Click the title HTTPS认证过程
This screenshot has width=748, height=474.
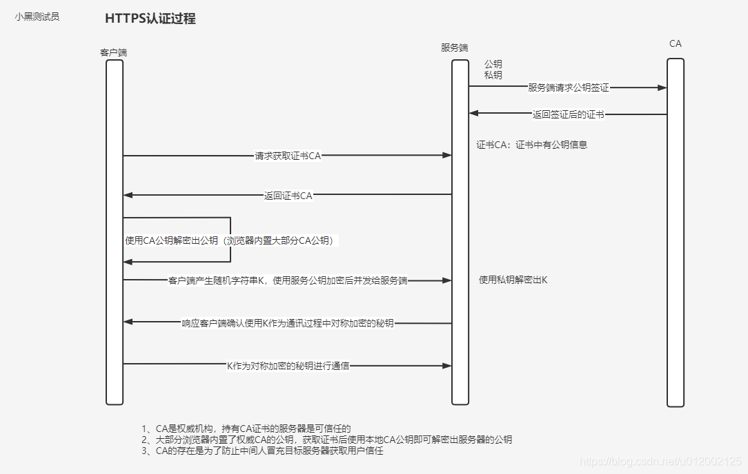click(x=150, y=19)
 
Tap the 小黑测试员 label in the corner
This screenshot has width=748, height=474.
click(x=37, y=17)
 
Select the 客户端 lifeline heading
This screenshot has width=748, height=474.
click(x=113, y=52)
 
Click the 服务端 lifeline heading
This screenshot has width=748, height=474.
click(x=454, y=48)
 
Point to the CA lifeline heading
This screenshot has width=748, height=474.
click(x=675, y=43)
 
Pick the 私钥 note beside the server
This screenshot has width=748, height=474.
click(x=493, y=74)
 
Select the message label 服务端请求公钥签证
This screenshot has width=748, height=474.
click(x=568, y=87)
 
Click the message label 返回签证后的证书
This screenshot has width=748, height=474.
click(x=568, y=114)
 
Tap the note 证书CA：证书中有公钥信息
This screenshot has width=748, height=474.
click(x=531, y=145)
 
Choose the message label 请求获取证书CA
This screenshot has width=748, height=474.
click(x=288, y=156)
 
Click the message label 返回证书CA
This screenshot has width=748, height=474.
click(x=288, y=196)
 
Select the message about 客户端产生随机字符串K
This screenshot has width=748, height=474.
click(x=288, y=280)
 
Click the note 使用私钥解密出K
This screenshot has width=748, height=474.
click(x=513, y=280)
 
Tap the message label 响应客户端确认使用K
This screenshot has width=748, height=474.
click(x=288, y=322)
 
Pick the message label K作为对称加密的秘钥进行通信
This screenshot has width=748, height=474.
click(x=288, y=365)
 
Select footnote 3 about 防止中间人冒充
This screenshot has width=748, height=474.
click(x=262, y=451)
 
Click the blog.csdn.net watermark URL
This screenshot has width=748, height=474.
click(x=660, y=460)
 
